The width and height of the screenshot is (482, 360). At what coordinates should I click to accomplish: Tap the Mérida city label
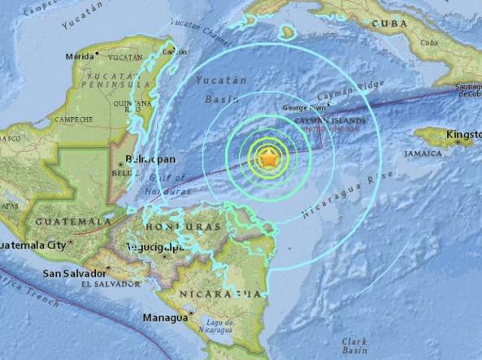(80, 57)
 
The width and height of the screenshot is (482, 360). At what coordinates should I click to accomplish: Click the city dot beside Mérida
(97, 54)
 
